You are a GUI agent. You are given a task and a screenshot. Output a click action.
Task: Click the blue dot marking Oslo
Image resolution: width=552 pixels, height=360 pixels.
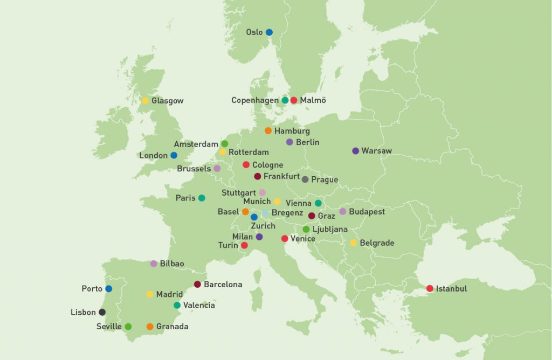tap(269, 32)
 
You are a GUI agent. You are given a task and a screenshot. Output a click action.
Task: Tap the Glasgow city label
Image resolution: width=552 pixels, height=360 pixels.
tap(167, 101)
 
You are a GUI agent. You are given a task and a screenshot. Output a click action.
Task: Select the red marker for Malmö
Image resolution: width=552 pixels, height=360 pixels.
tap(294, 100)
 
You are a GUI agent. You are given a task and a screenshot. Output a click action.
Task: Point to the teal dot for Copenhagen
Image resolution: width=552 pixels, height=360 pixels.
tap(285, 100)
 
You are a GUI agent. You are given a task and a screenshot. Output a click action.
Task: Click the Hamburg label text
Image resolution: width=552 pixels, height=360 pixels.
tap(292, 131)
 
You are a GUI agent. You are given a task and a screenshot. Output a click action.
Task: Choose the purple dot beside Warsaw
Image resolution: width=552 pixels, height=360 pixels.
tap(355, 151)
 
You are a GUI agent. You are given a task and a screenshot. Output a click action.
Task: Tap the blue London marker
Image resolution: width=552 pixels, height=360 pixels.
tap(174, 155)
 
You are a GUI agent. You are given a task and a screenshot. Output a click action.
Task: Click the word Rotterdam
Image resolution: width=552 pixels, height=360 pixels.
tap(249, 153)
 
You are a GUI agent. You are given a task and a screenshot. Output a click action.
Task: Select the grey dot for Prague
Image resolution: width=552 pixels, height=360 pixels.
tap(305, 179)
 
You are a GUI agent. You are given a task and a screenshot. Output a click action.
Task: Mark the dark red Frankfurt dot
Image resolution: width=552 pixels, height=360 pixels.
tap(258, 176)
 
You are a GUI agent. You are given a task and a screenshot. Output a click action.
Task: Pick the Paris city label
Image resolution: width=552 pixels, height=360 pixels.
tap(185, 198)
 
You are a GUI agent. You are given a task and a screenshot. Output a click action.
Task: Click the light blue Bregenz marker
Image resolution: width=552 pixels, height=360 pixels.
tap(265, 213)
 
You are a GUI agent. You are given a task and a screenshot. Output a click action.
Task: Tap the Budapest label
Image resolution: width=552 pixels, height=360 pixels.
tap(367, 212)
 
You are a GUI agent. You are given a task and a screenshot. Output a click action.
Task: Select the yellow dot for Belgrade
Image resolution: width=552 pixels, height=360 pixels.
tap(354, 243)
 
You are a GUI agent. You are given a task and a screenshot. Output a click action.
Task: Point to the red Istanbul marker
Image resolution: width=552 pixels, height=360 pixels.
tap(430, 289)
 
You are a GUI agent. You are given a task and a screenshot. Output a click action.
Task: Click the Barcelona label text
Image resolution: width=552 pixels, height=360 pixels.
tap(223, 285)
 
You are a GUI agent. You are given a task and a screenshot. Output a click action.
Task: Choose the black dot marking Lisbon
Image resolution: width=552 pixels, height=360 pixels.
tap(102, 312)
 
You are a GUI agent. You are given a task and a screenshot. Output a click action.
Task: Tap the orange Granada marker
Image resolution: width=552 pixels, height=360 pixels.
tap(150, 327)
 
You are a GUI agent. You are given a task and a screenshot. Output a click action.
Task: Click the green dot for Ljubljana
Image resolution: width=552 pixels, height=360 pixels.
tap(306, 230)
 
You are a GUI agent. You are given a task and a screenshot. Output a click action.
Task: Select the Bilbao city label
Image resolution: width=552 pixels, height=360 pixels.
tap(171, 264)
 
